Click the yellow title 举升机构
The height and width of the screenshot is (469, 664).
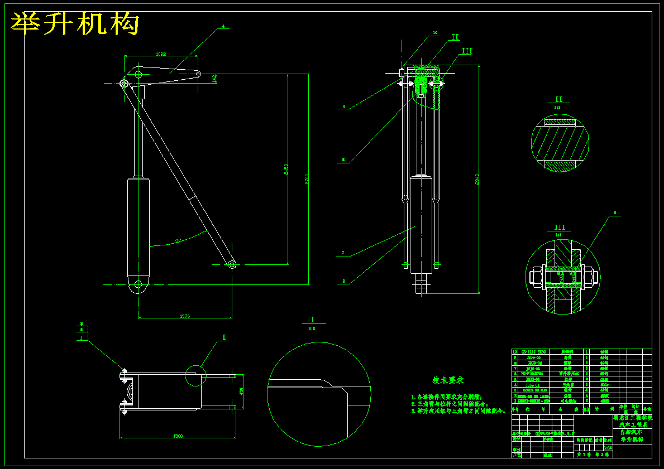[75, 24]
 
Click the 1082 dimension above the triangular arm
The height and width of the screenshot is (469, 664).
[161, 54]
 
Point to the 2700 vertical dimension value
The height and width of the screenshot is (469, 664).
[307, 179]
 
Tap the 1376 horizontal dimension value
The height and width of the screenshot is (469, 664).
[185, 316]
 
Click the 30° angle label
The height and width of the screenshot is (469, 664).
[179, 241]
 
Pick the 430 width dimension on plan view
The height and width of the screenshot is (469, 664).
[241, 391]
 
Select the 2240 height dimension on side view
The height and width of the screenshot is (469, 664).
[477, 179]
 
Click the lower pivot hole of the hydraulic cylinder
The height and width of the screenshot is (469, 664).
[138, 284]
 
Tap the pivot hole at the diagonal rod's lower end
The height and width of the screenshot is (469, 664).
[232, 264]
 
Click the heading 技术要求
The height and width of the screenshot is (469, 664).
[448, 380]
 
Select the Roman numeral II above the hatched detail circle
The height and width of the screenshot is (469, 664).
[558, 100]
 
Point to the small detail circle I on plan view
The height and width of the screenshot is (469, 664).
[195, 375]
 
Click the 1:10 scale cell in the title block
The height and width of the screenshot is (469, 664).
[608, 447]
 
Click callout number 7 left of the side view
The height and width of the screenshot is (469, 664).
[343, 253]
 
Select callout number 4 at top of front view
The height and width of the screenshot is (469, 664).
[223, 26]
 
